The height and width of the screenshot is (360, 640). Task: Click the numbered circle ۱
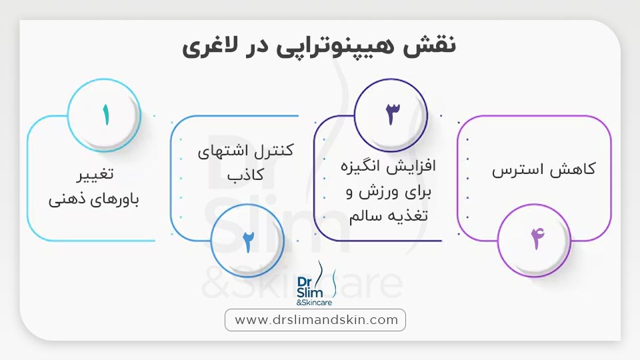pos(105,114)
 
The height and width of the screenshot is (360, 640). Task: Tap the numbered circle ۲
pos(247,239)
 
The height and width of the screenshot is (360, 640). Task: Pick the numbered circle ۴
pos(534,239)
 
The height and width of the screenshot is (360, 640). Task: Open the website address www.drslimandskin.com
pos(316,320)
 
